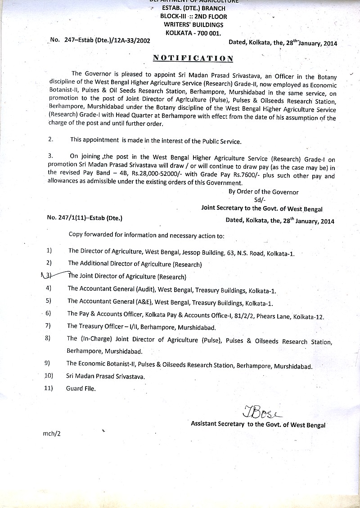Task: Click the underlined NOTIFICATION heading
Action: pos(193,58)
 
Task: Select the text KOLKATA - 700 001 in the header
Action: pos(193,33)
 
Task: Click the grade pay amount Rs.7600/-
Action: pos(259,176)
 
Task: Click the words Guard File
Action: pos(81,388)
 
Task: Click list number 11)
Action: pos(49,388)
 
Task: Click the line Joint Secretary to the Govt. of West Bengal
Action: pos(261,209)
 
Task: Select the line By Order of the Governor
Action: pos(264,192)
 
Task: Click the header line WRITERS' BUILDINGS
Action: pos(193,25)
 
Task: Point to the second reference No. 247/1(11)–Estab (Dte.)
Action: pos(85,218)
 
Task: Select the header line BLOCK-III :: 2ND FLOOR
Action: pos(193,16)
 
